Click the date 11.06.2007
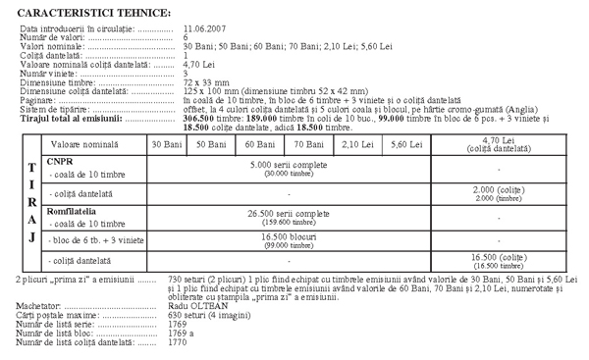tap(208, 32)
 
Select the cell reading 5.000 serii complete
tap(289, 164)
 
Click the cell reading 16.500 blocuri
tap(289, 237)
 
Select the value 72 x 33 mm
tap(208, 84)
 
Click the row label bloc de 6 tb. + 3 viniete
tap(94, 239)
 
